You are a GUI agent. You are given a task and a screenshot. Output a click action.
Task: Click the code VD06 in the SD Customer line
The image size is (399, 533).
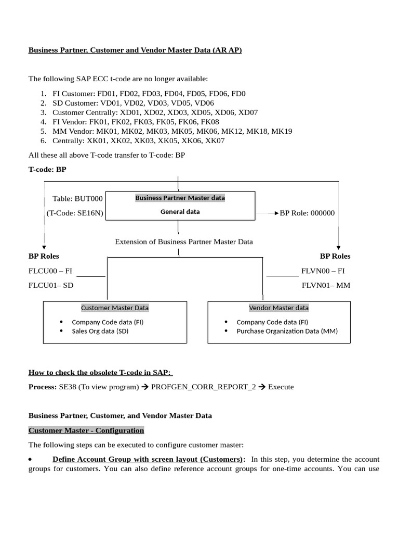click(x=204, y=103)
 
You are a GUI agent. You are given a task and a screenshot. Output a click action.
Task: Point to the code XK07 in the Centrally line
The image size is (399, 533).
click(x=215, y=141)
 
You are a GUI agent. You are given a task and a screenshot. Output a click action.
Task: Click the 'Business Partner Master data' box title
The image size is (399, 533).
click(x=180, y=198)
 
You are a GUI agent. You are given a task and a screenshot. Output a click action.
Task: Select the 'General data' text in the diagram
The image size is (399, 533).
click(x=180, y=212)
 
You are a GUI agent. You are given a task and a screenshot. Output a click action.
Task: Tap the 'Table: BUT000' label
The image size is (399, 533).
click(x=78, y=198)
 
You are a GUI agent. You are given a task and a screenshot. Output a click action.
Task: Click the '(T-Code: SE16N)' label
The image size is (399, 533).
click(x=74, y=213)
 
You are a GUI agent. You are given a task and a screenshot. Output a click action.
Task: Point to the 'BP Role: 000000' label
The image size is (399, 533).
click(x=307, y=213)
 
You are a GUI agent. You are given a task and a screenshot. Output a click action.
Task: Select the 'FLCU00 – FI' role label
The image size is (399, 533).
click(x=50, y=271)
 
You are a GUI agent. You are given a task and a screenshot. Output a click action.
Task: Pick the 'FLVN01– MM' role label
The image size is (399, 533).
click(x=326, y=285)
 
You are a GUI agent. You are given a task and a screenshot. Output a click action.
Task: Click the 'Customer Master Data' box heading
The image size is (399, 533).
click(x=115, y=308)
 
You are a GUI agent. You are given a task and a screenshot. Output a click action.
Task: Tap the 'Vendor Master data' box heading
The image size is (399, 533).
click(x=279, y=308)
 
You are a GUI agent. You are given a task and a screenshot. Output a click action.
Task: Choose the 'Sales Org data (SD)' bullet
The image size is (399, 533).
click(x=100, y=331)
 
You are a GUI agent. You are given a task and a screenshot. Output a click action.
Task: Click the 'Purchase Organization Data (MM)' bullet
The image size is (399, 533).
click(x=287, y=331)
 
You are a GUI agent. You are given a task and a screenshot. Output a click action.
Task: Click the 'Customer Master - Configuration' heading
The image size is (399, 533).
click(x=86, y=430)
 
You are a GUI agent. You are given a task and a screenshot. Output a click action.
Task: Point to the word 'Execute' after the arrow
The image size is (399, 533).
click(x=281, y=387)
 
